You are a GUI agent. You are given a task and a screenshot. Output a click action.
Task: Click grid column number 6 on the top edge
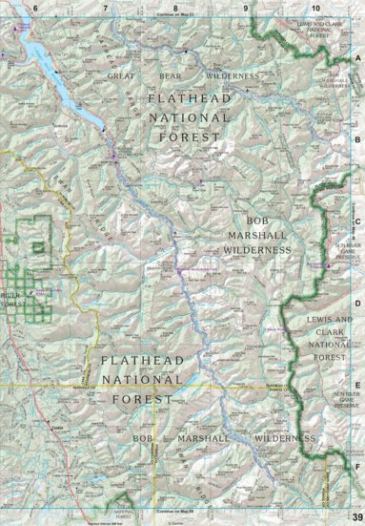point(35,8)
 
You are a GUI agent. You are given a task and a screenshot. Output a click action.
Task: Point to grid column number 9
point(246,8)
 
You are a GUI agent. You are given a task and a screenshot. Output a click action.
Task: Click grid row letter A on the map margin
point(357,59)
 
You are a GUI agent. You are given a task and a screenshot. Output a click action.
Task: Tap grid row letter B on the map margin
point(357,139)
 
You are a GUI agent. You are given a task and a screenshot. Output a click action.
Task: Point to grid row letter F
point(357,467)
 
